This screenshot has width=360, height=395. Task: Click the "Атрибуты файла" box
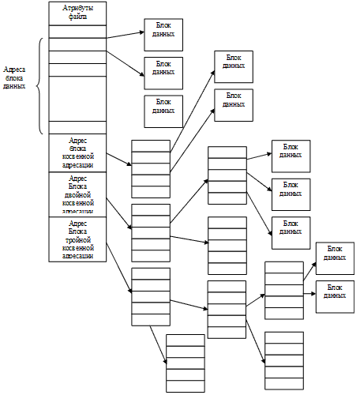click(77, 13)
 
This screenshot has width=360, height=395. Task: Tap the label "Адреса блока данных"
click(14, 77)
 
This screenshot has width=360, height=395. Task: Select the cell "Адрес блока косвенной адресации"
click(77, 152)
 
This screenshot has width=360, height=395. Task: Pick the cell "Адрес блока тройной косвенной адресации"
click(77, 239)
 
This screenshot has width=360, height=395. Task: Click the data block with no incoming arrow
click(163, 111)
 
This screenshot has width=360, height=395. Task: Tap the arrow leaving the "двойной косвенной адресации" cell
click(118, 212)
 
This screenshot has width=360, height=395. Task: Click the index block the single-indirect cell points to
click(150, 168)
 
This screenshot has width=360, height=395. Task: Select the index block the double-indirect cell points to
click(150, 228)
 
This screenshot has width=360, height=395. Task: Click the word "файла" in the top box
click(77, 17)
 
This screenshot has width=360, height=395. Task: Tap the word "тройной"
click(77, 240)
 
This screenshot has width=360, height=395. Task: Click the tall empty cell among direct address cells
click(77, 98)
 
